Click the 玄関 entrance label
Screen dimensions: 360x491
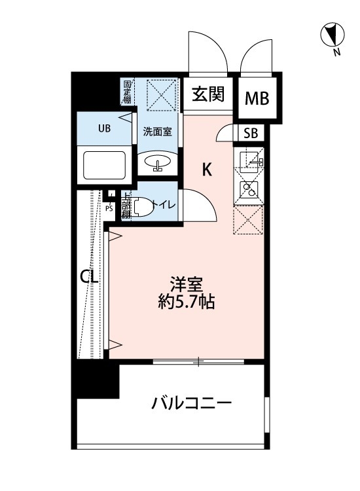click(x=208, y=94)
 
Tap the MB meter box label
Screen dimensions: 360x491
click(x=257, y=98)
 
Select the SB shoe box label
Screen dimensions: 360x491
click(x=251, y=134)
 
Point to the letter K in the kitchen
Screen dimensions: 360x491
click(x=207, y=170)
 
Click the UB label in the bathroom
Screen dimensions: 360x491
click(x=105, y=128)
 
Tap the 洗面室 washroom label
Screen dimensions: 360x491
click(x=158, y=132)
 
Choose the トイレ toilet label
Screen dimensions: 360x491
click(x=164, y=205)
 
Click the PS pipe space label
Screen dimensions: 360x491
click(x=109, y=209)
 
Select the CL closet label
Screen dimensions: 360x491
click(x=90, y=277)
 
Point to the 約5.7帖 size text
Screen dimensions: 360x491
click(x=187, y=302)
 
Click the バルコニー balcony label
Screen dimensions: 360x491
click(x=192, y=403)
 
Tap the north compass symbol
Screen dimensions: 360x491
click(x=333, y=35)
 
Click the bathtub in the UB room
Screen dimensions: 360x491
click(x=105, y=166)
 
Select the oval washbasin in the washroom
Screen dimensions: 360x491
click(x=158, y=162)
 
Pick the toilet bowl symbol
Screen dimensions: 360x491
click(x=143, y=207)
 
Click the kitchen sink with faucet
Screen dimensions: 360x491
click(x=249, y=160)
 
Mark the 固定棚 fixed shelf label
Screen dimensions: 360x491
click(x=127, y=92)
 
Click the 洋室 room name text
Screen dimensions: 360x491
click(x=187, y=284)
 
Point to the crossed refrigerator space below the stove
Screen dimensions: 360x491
click(x=247, y=220)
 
